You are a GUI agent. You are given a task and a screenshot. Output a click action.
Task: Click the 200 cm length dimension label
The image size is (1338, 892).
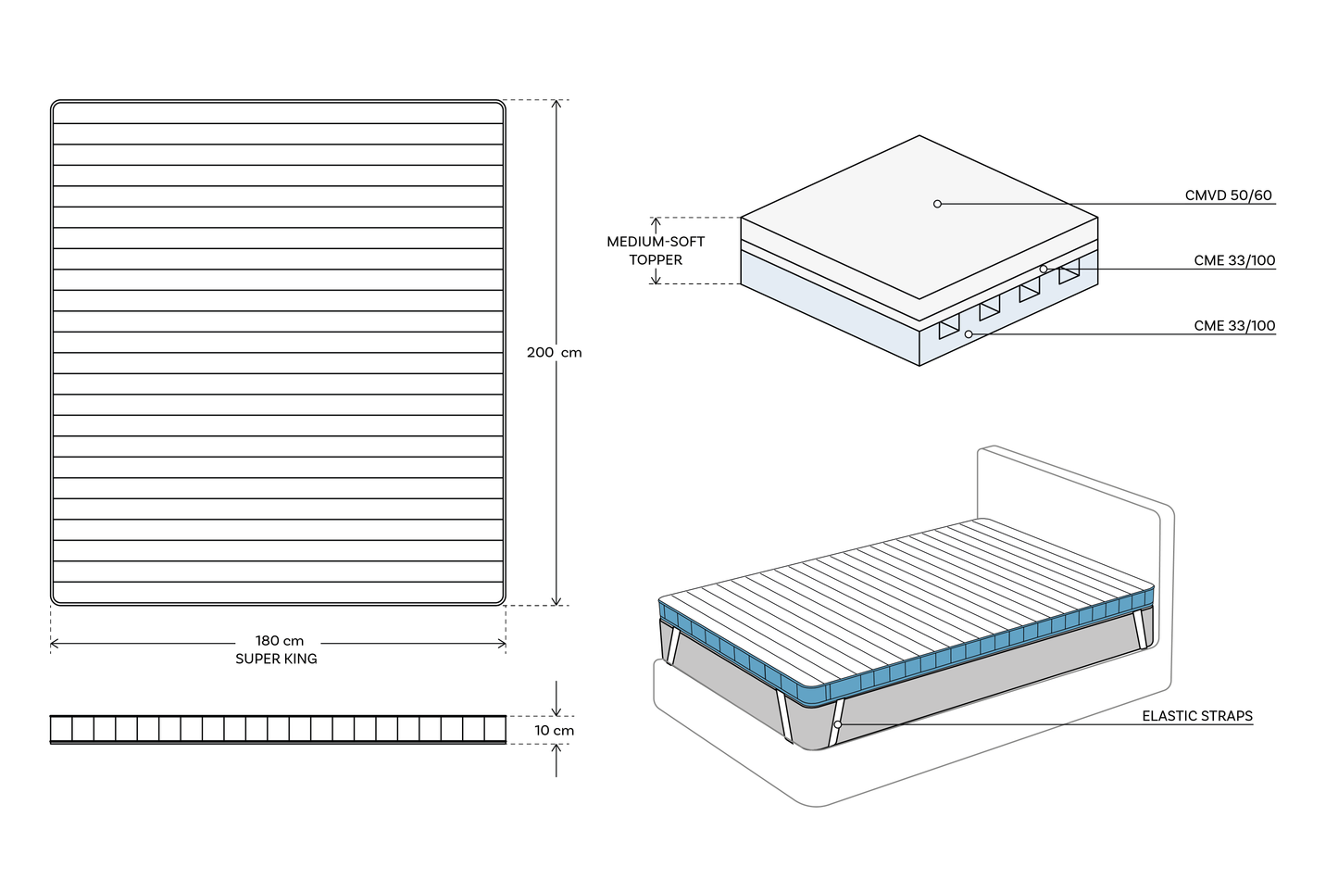554,352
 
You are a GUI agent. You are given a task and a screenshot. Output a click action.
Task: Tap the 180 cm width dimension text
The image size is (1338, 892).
280,641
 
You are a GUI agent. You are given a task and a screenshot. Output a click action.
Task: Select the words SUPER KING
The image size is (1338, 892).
276,659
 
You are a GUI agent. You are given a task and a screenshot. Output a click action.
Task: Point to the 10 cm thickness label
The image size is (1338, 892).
554,730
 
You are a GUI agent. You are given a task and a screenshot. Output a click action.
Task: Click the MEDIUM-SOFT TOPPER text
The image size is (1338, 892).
656,250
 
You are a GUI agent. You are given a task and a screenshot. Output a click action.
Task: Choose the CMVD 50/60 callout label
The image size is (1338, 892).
1228,195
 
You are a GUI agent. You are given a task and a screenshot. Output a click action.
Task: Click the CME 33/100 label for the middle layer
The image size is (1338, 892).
1234,261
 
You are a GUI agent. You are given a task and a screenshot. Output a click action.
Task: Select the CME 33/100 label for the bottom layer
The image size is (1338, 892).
1234,326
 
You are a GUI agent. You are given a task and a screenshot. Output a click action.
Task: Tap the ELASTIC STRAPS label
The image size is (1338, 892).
1196,716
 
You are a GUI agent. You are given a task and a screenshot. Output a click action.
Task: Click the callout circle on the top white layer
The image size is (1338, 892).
937,204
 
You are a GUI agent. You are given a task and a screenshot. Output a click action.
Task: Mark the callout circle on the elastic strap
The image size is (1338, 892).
837,724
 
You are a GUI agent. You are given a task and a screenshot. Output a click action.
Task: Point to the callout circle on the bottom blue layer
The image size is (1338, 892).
969,333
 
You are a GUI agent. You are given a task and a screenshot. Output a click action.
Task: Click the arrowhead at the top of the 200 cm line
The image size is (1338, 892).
556,104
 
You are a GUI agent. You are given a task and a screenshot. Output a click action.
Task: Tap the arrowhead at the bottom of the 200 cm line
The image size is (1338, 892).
556,601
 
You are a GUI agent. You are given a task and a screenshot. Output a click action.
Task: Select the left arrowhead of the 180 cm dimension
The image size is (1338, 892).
55,643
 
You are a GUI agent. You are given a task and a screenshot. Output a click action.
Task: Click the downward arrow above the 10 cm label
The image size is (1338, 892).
556,710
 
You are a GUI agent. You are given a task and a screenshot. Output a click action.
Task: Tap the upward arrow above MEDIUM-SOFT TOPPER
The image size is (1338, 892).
656,222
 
